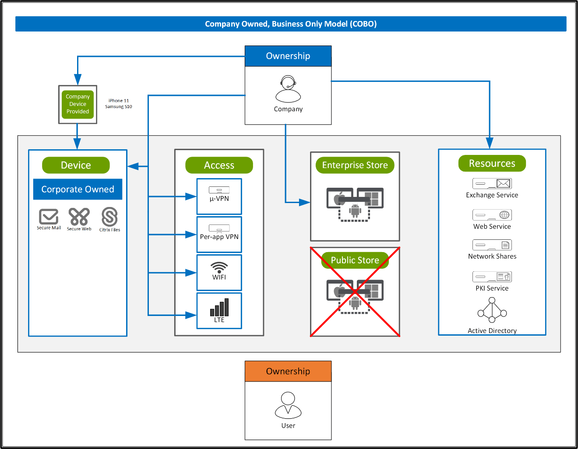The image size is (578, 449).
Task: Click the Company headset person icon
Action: click(x=288, y=89)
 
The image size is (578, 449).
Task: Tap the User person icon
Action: click(x=288, y=405)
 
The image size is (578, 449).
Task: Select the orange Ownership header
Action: click(x=288, y=371)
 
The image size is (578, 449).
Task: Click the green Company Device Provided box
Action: click(x=78, y=104)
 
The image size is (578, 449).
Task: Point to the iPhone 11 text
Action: click(x=119, y=101)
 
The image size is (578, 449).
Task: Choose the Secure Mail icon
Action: click(x=49, y=217)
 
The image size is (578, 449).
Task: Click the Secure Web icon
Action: click(x=79, y=217)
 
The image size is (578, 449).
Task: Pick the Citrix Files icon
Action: click(x=109, y=217)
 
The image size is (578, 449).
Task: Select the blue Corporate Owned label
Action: click(x=78, y=189)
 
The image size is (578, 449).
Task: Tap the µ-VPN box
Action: click(x=219, y=196)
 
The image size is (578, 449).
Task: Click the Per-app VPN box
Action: click(x=219, y=234)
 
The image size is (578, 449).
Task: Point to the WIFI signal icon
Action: click(x=219, y=267)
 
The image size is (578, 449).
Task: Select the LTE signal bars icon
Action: click(x=219, y=307)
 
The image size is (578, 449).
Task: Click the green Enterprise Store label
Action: click(x=355, y=165)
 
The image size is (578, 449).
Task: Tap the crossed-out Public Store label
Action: click(x=355, y=260)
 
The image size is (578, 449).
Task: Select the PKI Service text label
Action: click(x=492, y=288)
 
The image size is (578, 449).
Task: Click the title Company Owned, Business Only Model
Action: click(x=291, y=24)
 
